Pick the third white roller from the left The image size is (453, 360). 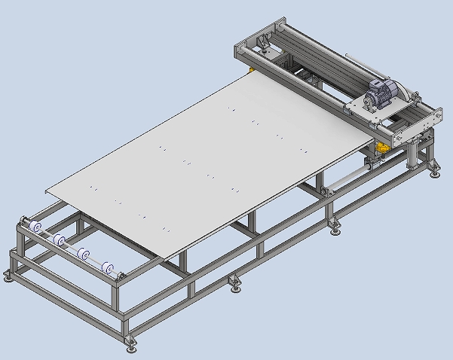pyautogui.click(x=84, y=255)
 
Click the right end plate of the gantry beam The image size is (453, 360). pyautogui.click(x=434, y=117)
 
